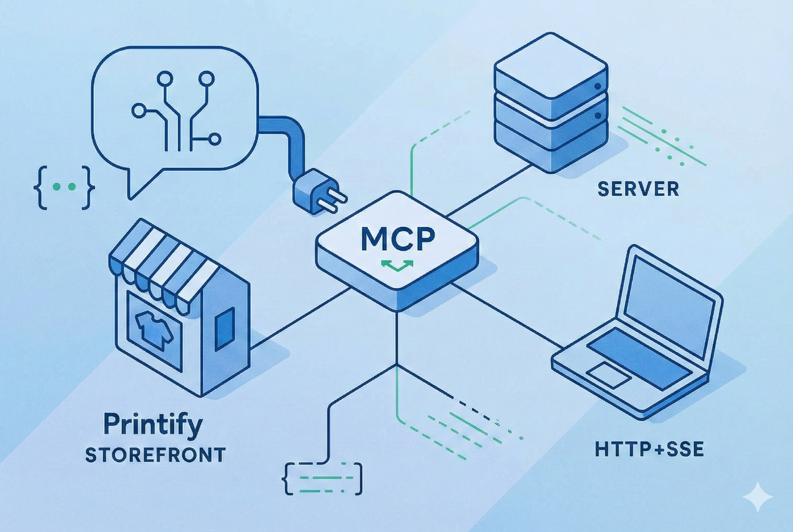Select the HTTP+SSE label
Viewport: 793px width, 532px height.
(649, 449)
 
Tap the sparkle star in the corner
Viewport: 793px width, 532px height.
(757, 497)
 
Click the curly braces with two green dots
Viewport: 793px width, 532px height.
(64, 187)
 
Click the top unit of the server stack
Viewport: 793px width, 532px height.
(551, 73)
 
